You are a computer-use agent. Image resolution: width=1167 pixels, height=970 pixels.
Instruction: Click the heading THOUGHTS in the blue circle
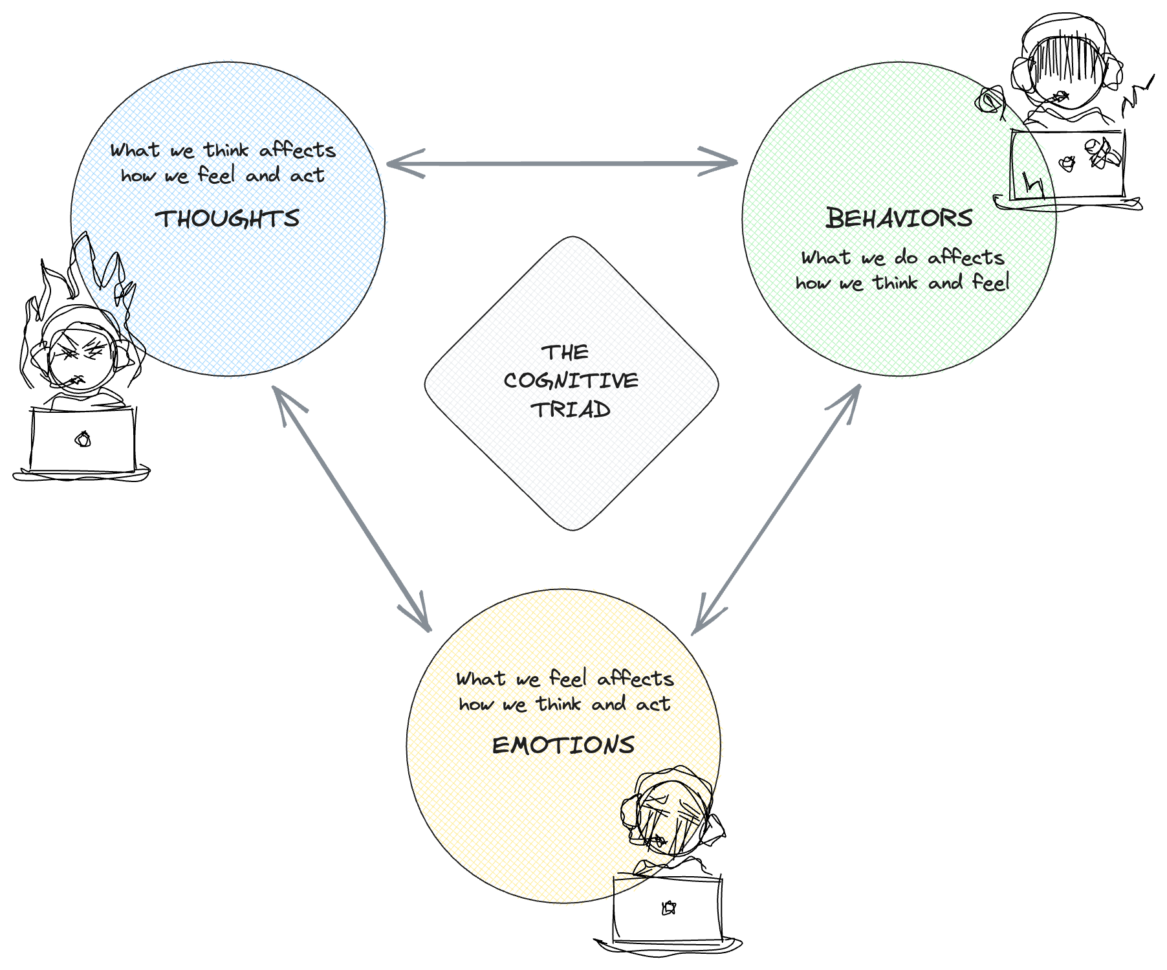[x=227, y=219]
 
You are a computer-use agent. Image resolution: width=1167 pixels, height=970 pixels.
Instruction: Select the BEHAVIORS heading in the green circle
[x=899, y=218]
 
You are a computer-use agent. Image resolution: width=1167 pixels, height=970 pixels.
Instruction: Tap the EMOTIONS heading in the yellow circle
[x=563, y=745]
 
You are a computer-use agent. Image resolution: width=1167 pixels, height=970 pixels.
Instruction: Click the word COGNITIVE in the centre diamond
[x=571, y=380]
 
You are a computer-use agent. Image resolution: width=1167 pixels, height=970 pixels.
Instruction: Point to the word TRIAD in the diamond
[x=571, y=410]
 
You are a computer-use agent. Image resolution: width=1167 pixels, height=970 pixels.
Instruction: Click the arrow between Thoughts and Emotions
[x=351, y=509]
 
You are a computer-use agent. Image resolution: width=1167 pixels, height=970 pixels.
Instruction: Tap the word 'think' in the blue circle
[x=226, y=150]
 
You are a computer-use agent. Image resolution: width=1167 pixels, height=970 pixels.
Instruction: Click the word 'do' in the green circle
[x=906, y=258]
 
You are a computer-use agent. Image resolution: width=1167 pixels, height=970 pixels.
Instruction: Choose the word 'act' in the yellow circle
[x=653, y=704]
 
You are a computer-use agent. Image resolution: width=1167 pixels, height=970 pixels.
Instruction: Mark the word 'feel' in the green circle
[x=990, y=283]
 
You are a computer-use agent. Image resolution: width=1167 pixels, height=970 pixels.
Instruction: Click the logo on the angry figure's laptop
[x=83, y=439]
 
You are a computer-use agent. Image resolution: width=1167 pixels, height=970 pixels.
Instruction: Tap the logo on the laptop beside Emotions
[x=669, y=909]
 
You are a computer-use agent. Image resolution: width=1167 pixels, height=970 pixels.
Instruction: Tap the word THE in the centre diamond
[x=565, y=353]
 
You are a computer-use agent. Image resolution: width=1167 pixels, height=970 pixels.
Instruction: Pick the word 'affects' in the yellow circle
[x=635, y=679]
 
